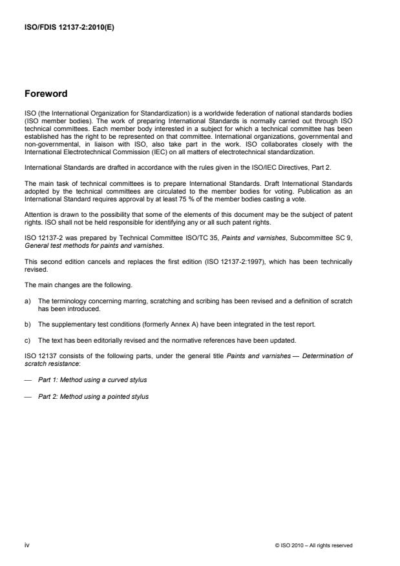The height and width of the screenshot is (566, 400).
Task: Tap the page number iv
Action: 26,545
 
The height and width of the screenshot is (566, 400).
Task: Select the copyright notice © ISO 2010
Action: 313,545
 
